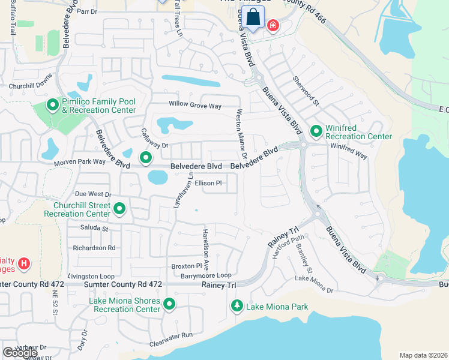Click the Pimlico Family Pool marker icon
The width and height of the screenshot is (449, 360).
[52, 106]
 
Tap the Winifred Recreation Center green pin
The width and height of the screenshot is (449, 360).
[316, 130]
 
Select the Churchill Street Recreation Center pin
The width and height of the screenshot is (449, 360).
[119, 209]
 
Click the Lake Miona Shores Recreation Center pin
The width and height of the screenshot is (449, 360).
[169, 305]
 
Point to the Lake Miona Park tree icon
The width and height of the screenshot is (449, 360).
[237, 307]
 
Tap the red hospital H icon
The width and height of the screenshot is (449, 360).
[23, 263]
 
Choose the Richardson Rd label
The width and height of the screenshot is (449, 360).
[94, 247]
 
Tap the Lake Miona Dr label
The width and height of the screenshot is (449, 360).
[313, 284]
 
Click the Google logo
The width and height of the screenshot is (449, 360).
[20, 353]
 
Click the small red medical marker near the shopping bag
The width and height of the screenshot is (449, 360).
[273, 26]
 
